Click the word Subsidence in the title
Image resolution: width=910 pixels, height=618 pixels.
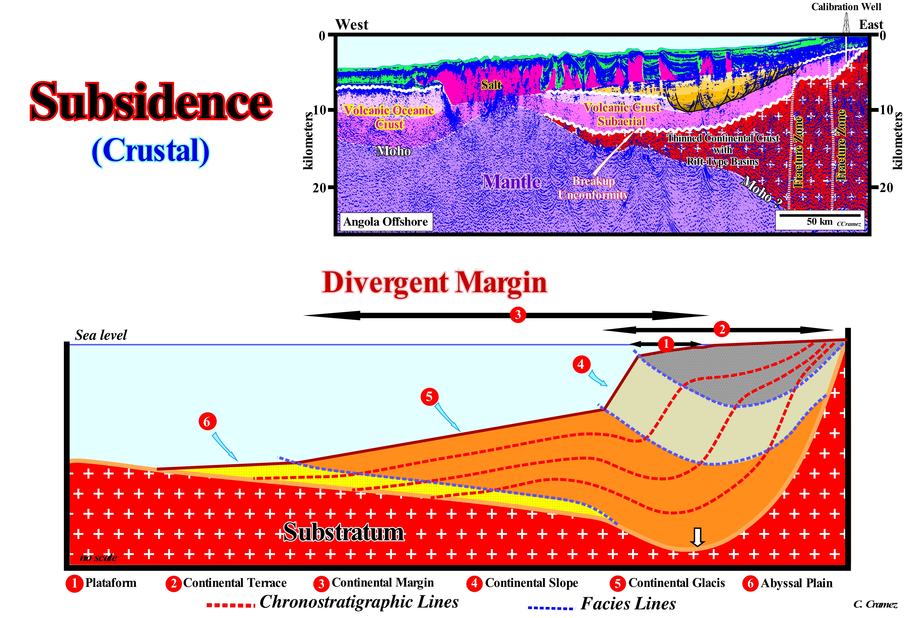pyautogui.click(x=151, y=102)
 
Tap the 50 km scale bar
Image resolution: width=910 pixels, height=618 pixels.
pyautogui.click(x=819, y=215)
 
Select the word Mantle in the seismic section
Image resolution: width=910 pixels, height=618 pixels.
pyautogui.click(x=511, y=182)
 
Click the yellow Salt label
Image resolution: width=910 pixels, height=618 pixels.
pyautogui.click(x=491, y=85)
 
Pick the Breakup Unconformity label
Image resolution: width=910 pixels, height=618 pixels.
pyautogui.click(x=593, y=188)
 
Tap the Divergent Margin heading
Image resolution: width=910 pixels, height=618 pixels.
pyautogui.click(x=434, y=283)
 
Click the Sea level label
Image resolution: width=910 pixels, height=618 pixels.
pyautogui.click(x=101, y=335)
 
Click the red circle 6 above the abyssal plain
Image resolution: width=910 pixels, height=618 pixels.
pyautogui.click(x=207, y=422)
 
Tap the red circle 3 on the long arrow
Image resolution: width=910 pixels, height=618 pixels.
pyautogui.click(x=518, y=315)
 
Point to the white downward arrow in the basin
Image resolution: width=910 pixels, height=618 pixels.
pyautogui.click(x=697, y=537)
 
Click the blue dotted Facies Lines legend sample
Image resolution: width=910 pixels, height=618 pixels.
pyautogui.click(x=550, y=608)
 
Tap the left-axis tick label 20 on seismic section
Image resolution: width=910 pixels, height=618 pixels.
pyautogui.click(x=320, y=188)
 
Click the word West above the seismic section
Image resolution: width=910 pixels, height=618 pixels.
pyautogui.click(x=352, y=25)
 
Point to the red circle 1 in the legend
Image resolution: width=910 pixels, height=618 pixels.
pyautogui.click(x=74, y=584)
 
